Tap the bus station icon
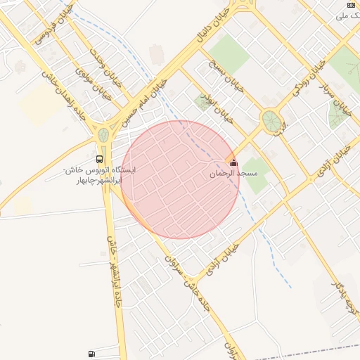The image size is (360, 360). (x=99, y=159)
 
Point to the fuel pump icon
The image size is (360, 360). (x=91, y=354)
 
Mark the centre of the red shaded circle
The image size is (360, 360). (x=180, y=179)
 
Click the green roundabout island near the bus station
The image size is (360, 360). (x=104, y=133)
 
